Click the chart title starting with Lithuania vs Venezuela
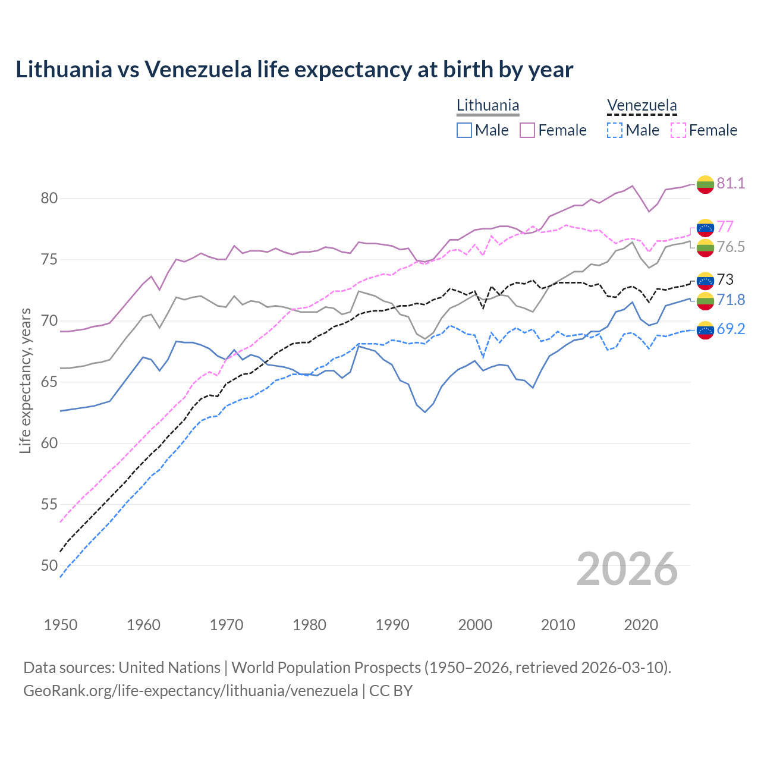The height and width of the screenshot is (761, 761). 294,70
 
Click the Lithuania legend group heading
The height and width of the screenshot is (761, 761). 488,106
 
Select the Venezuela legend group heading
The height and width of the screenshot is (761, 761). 641,106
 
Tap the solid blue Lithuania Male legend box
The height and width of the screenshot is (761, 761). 464,130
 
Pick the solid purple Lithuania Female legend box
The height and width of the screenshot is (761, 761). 527,130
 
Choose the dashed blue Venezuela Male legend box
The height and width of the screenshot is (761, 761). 615,130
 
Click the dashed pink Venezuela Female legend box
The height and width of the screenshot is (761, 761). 678,130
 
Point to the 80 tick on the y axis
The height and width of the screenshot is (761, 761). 49,198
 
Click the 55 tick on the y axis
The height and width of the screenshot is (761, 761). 49,504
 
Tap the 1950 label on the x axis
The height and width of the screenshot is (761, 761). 61,625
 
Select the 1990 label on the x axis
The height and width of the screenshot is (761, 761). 392,625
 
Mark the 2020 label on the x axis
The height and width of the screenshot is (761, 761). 641,625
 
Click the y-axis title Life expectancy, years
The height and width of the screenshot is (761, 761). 25,380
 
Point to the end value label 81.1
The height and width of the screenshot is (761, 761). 731,183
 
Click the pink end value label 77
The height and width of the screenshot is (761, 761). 725,227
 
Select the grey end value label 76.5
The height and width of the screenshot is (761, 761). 731,247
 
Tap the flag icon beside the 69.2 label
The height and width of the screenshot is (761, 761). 705,329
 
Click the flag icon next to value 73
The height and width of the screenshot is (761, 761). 705,280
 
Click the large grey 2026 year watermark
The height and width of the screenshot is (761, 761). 627,569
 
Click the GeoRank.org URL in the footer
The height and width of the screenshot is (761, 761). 190,691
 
